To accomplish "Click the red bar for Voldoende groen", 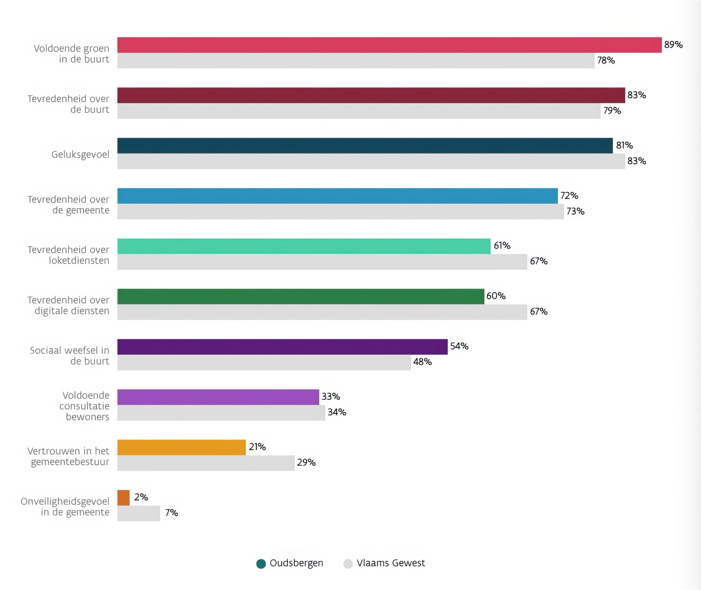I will [x=389, y=45].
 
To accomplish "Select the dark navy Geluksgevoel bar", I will [x=365, y=146].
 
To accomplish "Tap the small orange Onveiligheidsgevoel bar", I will [x=123, y=498].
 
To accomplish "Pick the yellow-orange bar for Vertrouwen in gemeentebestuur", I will [x=181, y=447].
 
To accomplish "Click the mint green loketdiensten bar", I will [x=304, y=246].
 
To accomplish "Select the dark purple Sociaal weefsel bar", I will [x=282, y=347].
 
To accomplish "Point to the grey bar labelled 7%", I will [x=139, y=513].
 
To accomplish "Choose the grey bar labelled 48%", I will [x=264, y=362].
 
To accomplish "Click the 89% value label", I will [x=673, y=45].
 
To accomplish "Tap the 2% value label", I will [x=141, y=497].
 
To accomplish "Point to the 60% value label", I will [x=496, y=296].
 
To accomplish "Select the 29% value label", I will [x=306, y=462].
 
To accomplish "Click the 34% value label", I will [x=336, y=412].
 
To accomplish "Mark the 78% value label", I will [x=606, y=60].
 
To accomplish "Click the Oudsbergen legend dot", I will [x=261, y=564].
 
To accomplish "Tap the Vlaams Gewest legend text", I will [x=390, y=563].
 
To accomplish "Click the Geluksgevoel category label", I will [x=80, y=155].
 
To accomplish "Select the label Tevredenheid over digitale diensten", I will [x=68, y=305].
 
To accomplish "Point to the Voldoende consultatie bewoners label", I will [x=85, y=406].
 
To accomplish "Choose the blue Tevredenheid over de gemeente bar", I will [x=337, y=196].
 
